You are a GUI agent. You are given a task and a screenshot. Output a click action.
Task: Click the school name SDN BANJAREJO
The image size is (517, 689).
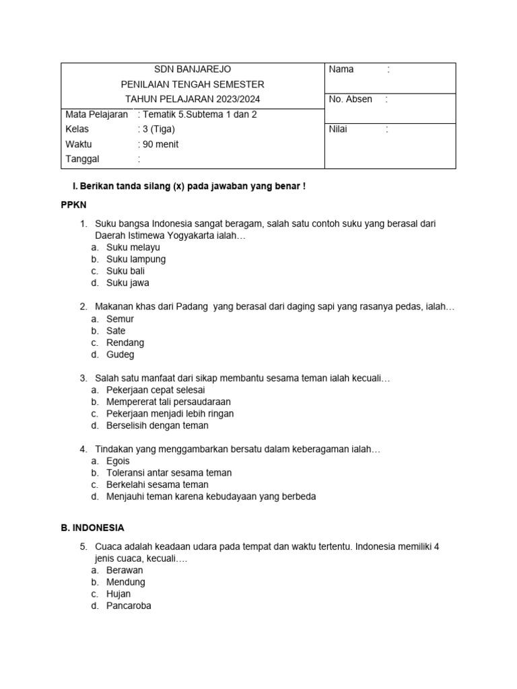coord(193,69)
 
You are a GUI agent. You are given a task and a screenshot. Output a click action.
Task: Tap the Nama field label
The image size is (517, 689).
coord(341,69)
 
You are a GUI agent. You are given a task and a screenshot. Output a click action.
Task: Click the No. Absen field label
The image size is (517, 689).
coord(350,99)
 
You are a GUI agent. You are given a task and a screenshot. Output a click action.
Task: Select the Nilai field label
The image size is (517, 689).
coord(338,129)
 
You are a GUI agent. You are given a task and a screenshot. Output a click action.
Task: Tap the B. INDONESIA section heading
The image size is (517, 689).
coord(92,528)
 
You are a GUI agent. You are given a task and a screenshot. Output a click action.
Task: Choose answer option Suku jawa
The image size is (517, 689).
coord(127,283)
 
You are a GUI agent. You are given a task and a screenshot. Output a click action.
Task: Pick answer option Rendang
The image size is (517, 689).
coord(125,342)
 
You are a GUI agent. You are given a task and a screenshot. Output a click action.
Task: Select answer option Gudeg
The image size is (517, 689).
coord(120,355)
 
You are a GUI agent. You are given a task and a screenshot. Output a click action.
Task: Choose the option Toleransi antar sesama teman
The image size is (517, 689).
coord(169,473)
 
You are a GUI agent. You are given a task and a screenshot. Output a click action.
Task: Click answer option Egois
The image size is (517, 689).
coord(118,461)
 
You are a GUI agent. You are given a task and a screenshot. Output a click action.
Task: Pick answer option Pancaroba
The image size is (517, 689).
coord(129,606)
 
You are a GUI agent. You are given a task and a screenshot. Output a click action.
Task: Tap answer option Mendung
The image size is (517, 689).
coord(125,582)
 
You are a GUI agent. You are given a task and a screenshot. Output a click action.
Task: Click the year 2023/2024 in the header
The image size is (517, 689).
coord(236,99)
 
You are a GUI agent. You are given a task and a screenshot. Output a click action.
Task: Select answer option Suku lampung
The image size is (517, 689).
coord(136,259)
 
